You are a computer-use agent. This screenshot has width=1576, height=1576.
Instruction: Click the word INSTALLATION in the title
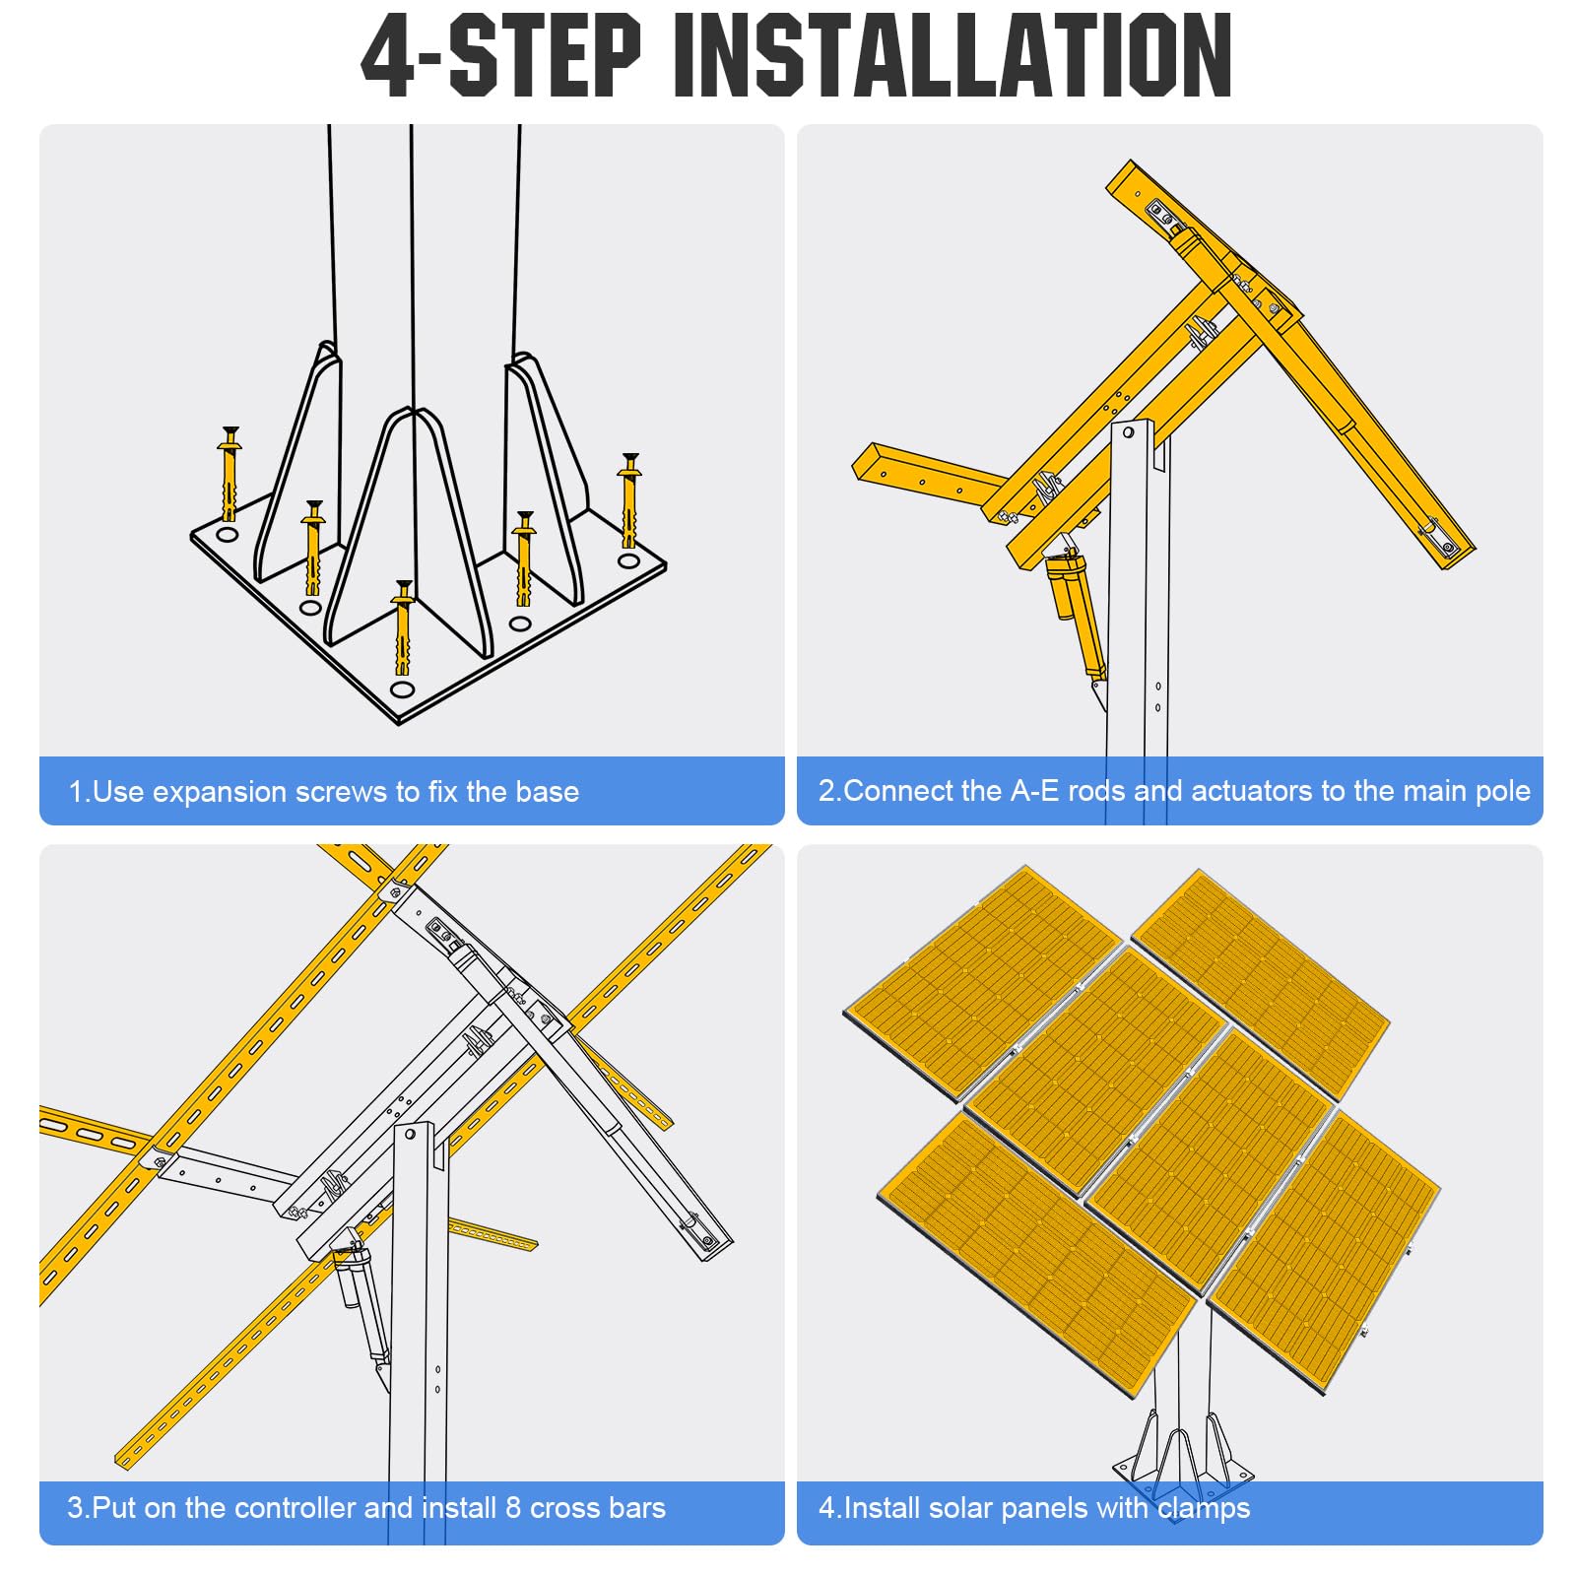click(952, 56)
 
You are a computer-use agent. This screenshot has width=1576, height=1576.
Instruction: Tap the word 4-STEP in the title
click(501, 56)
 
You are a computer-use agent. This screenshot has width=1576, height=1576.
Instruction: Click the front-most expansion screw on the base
click(402, 630)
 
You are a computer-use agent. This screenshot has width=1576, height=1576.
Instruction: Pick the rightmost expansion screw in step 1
click(629, 502)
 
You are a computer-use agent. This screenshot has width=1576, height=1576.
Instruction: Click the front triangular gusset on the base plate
click(409, 532)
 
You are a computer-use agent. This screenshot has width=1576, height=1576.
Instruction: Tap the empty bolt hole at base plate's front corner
click(402, 689)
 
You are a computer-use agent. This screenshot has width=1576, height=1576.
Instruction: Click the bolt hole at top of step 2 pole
click(1129, 432)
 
